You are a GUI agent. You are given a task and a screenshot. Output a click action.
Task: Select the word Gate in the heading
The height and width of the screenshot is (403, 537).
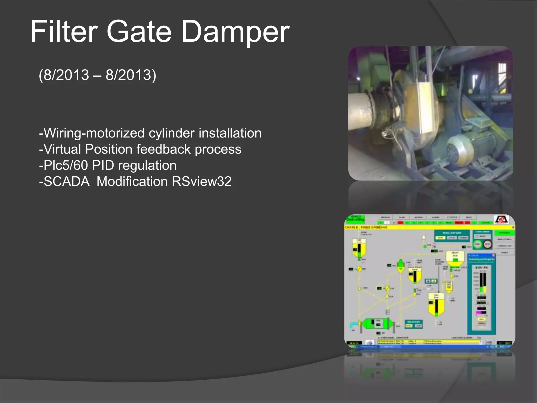coord(139,32)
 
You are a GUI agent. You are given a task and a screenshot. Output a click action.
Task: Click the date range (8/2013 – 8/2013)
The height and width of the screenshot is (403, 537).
coord(97,75)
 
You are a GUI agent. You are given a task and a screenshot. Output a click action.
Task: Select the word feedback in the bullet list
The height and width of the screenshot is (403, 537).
coord(165,149)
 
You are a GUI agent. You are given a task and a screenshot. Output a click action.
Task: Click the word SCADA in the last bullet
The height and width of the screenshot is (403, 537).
coord(66,182)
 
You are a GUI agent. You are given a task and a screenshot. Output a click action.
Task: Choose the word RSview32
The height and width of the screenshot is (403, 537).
coord(202,182)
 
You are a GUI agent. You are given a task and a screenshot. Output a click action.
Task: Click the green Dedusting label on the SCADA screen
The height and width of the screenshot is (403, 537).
coord(355,219)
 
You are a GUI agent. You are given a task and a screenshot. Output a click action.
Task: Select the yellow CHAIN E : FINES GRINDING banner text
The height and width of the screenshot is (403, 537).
coord(366,227)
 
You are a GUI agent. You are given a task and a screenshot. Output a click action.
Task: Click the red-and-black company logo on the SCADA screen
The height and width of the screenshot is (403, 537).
coord(501,219)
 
